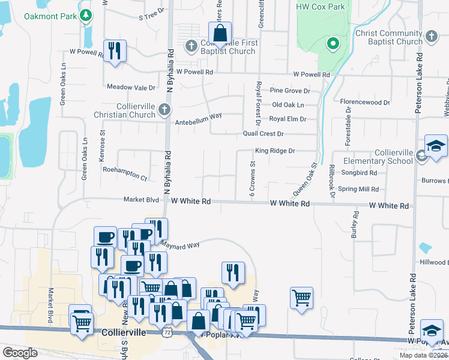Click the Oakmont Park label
pos(50,16)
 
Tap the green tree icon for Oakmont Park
pos(87,16)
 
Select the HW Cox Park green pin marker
pos(333,44)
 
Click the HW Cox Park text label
pos(321,7)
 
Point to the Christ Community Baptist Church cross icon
pos(431,38)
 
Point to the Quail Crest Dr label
pos(263,133)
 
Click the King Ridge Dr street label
pos(275,151)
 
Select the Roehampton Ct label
pos(125,178)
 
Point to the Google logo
pos(20,353)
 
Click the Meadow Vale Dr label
pos(131,87)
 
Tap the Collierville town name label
pos(124,332)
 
